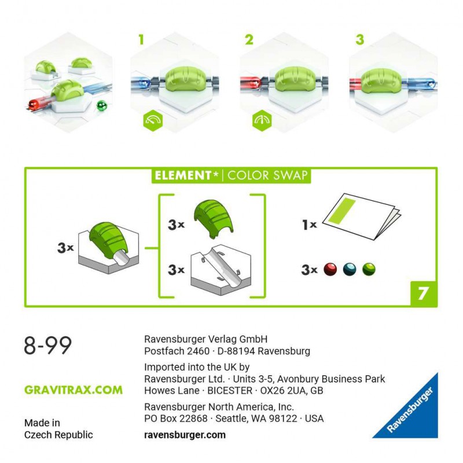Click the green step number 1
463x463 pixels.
[x=141, y=39]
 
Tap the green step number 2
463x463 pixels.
[x=249, y=39]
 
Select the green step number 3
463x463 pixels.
[x=359, y=39]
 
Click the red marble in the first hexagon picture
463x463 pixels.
[x=34, y=104]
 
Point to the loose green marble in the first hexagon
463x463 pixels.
[x=102, y=105]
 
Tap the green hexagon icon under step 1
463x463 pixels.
[x=153, y=120]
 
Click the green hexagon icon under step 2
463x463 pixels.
[x=262, y=120]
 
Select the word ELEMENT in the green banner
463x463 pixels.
[x=183, y=175]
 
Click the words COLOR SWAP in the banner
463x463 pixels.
[x=267, y=175]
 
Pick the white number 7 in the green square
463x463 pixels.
[x=422, y=293]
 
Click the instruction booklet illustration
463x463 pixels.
[x=361, y=216]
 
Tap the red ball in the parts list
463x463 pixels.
[x=330, y=269]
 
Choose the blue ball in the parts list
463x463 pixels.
[x=350, y=269]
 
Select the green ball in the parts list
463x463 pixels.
[x=369, y=269]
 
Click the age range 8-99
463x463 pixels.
[x=48, y=345]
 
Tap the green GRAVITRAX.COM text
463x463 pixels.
[x=74, y=389]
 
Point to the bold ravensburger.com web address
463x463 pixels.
[x=185, y=435]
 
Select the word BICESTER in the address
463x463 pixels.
[x=230, y=390]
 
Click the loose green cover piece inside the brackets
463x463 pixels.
[x=213, y=219]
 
